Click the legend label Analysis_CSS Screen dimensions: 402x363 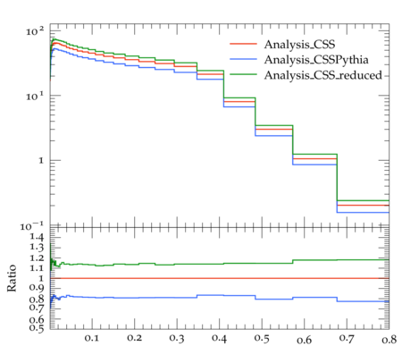coord(299,45)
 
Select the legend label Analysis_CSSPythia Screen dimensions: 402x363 coord(316,60)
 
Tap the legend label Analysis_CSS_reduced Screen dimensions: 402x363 coord(323,75)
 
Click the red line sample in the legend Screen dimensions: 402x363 coord(243,44)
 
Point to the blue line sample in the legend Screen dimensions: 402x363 coord(243,59)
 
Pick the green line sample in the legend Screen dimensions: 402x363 coord(243,74)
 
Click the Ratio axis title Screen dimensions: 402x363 coord(12,278)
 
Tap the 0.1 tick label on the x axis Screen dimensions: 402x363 coord(92,338)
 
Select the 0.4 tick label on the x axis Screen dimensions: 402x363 coord(219,338)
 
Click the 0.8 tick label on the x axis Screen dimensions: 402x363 coord(389,340)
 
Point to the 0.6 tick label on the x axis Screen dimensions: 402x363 coord(305,340)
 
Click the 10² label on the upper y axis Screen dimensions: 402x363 coord(35,31)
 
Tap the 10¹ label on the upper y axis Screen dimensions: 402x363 coord(35,96)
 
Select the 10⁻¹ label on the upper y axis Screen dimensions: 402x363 coord(32,226)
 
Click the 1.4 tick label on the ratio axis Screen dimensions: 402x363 coord(37,237)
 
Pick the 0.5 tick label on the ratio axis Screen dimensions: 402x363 coord(37,328)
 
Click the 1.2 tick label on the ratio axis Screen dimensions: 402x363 coord(37,258)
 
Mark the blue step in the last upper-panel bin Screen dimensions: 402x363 coord(363,213)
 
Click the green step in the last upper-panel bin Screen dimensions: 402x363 coord(363,200)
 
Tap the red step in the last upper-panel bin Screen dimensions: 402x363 coord(363,205)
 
